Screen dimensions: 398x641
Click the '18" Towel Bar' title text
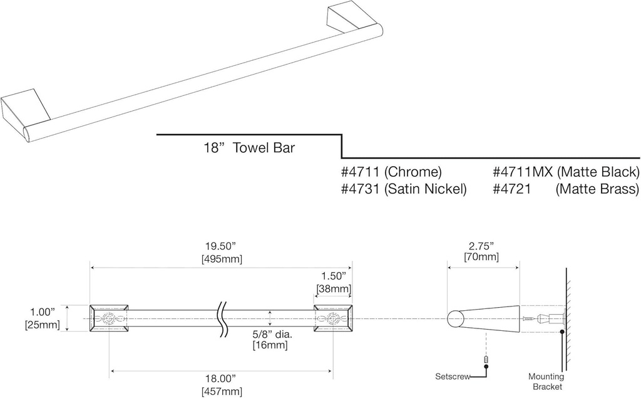249,149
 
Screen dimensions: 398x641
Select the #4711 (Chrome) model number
391,172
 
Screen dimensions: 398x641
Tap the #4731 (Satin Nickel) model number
404,189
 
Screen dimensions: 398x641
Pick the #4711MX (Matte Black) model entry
566,172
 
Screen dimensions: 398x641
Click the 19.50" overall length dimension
222,246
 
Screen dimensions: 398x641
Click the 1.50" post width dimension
332,276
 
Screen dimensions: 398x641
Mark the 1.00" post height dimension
44,312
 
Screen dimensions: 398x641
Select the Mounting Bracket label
546,382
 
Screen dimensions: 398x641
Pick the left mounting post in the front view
109,319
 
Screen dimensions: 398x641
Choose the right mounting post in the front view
332,319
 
